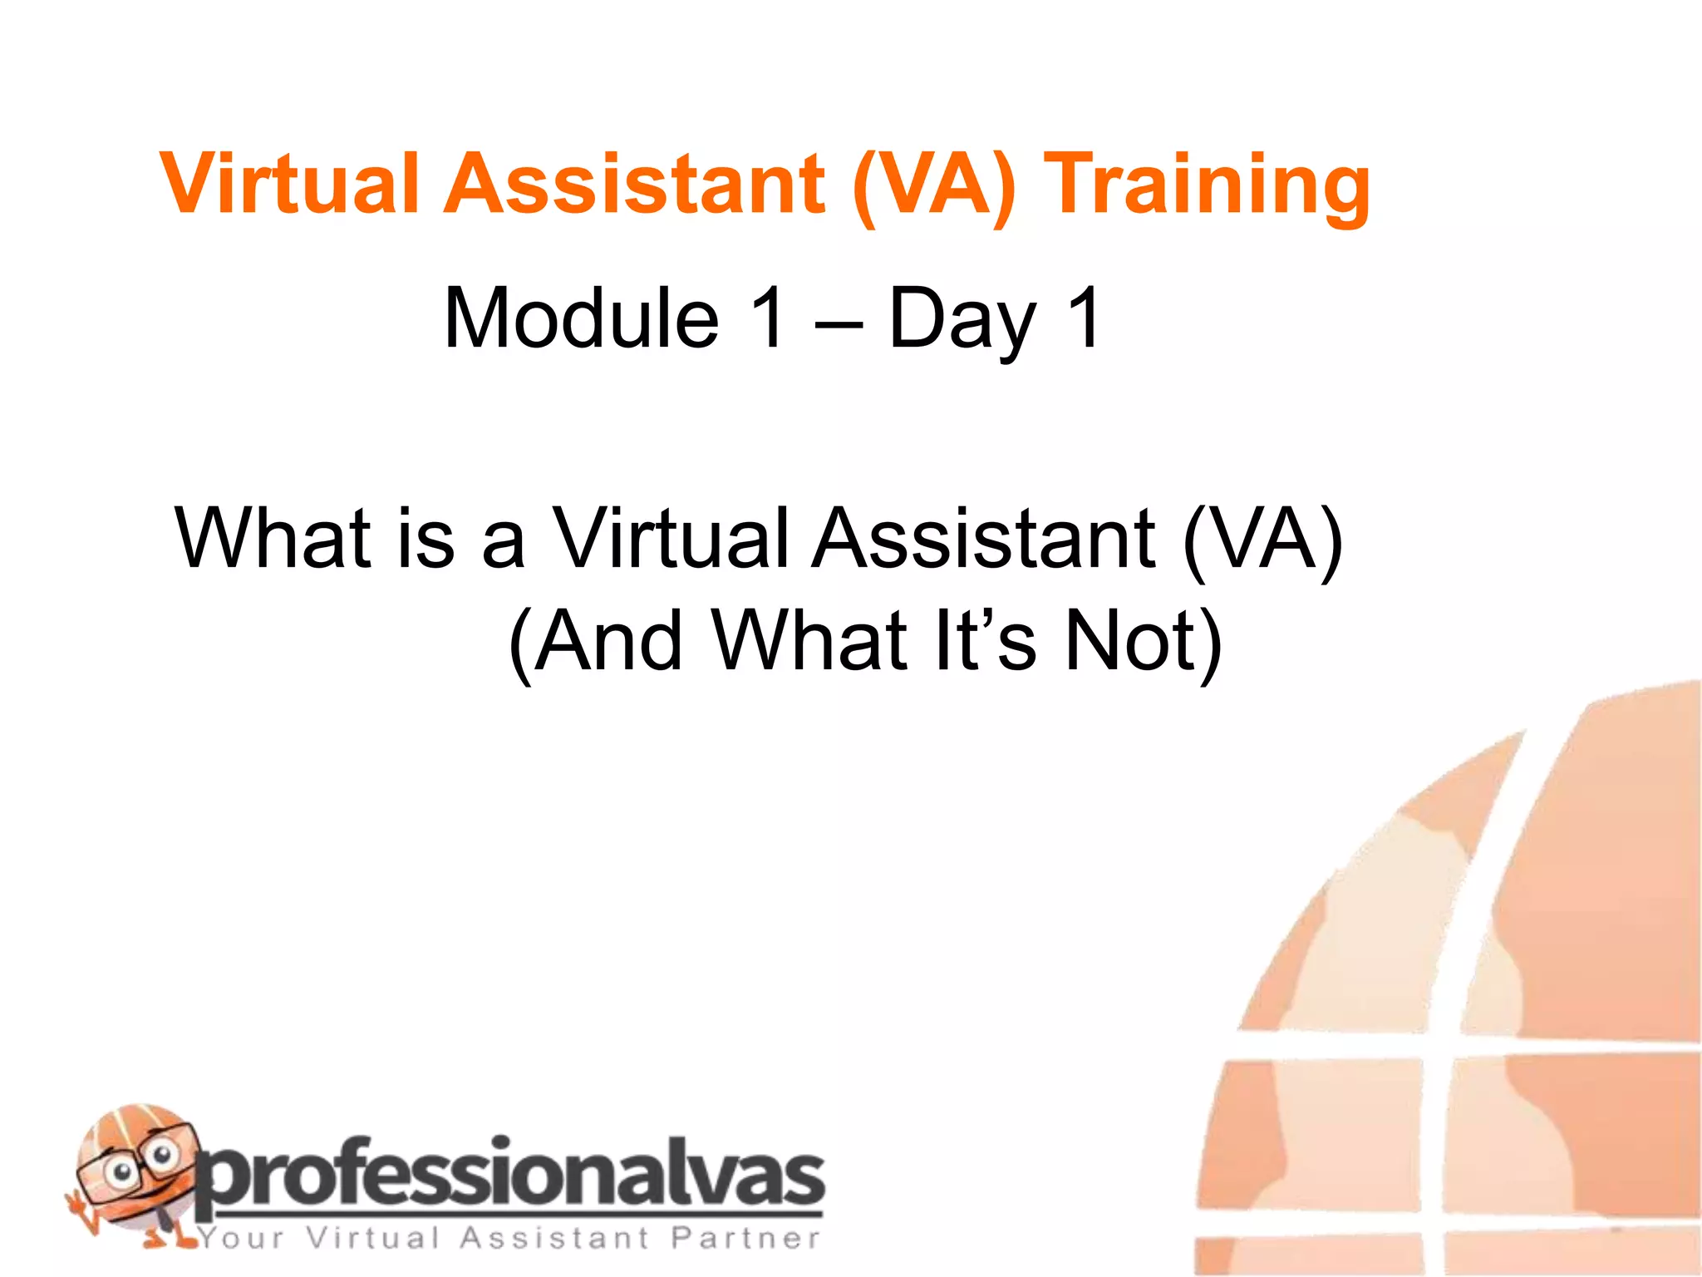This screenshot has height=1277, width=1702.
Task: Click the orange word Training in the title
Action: pyautogui.click(x=1207, y=186)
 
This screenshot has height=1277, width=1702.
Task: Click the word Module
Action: pyautogui.click(x=581, y=318)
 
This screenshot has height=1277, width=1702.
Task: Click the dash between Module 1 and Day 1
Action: pyautogui.click(x=838, y=324)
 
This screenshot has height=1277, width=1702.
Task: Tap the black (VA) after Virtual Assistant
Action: pyautogui.click(x=1262, y=540)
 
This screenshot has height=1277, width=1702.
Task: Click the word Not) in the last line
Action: pyautogui.click(x=1144, y=640)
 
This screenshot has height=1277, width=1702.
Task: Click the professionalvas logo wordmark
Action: pyautogui.click(x=510, y=1176)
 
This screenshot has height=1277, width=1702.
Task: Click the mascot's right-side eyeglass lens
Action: pyautogui.click(x=160, y=1156)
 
